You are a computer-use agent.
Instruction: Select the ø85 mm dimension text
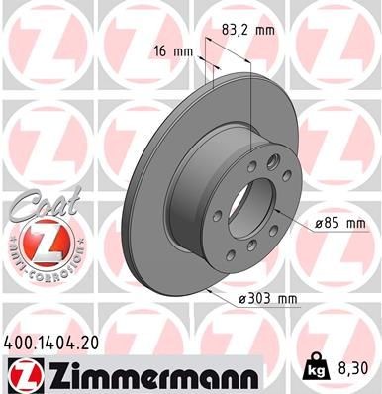pyautogui.click(x=342, y=224)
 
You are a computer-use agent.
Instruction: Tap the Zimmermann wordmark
pyautogui.click(x=151, y=373)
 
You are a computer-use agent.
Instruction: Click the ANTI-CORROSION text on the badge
pyautogui.click(x=39, y=269)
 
